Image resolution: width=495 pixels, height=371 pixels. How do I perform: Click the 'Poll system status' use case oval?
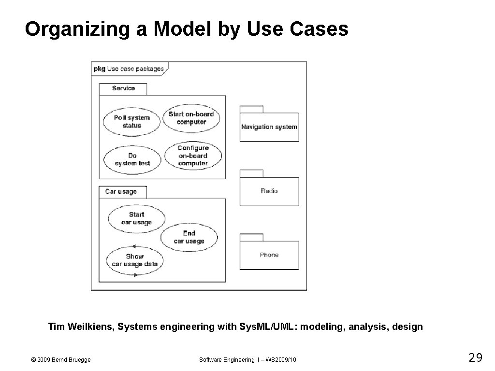click(131, 121)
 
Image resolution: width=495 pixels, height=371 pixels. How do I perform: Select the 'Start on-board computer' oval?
click(191, 118)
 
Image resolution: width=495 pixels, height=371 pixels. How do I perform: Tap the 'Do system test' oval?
click(132, 159)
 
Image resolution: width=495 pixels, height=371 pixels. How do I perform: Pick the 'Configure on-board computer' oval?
click(193, 156)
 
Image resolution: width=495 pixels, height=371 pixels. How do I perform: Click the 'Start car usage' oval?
click(136, 218)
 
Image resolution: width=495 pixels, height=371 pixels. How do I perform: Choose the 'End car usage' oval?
click(189, 237)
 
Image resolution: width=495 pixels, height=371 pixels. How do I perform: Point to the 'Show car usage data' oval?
click(135, 260)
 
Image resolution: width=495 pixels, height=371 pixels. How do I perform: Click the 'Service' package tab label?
click(123, 88)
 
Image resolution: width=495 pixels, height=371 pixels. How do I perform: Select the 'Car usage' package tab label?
click(121, 192)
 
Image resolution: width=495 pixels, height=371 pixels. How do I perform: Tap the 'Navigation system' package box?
click(269, 127)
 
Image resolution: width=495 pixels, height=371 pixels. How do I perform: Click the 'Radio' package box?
click(269, 191)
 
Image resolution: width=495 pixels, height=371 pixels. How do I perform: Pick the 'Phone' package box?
click(269, 255)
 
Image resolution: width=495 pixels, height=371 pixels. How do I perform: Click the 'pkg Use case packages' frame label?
click(129, 69)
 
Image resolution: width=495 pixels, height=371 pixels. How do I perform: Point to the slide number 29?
click(476, 358)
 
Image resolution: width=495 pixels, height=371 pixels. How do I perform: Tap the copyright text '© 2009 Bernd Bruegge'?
click(60, 359)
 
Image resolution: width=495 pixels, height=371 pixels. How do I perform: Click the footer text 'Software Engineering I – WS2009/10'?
click(248, 359)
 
